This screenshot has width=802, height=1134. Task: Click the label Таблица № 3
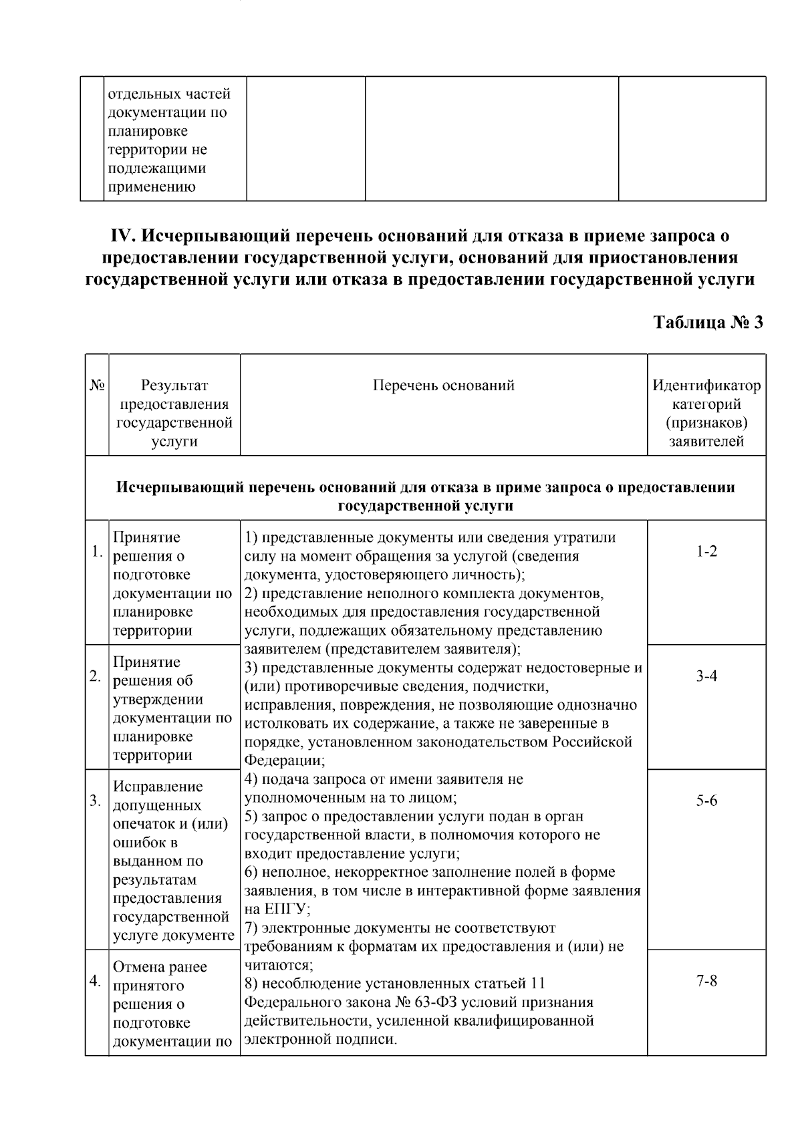tap(708, 323)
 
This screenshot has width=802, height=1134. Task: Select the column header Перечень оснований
tap(444, 386)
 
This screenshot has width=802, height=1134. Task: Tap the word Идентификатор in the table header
tap(706, 386)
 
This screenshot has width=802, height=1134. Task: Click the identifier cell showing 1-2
tap(706, 552)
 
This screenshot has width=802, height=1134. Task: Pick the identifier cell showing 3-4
tap(706, 676)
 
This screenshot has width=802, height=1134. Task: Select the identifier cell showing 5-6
tap(706, 801)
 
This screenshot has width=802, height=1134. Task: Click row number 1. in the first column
tap(97, 552)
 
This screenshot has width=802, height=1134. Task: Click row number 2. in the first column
tap(96, 676)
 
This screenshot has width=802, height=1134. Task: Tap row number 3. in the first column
tap(96, 801)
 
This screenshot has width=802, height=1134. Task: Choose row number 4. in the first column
tap(96, 981)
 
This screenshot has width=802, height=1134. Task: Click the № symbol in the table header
tap(96, 386)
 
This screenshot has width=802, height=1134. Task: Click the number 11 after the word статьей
tap(537, 984)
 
